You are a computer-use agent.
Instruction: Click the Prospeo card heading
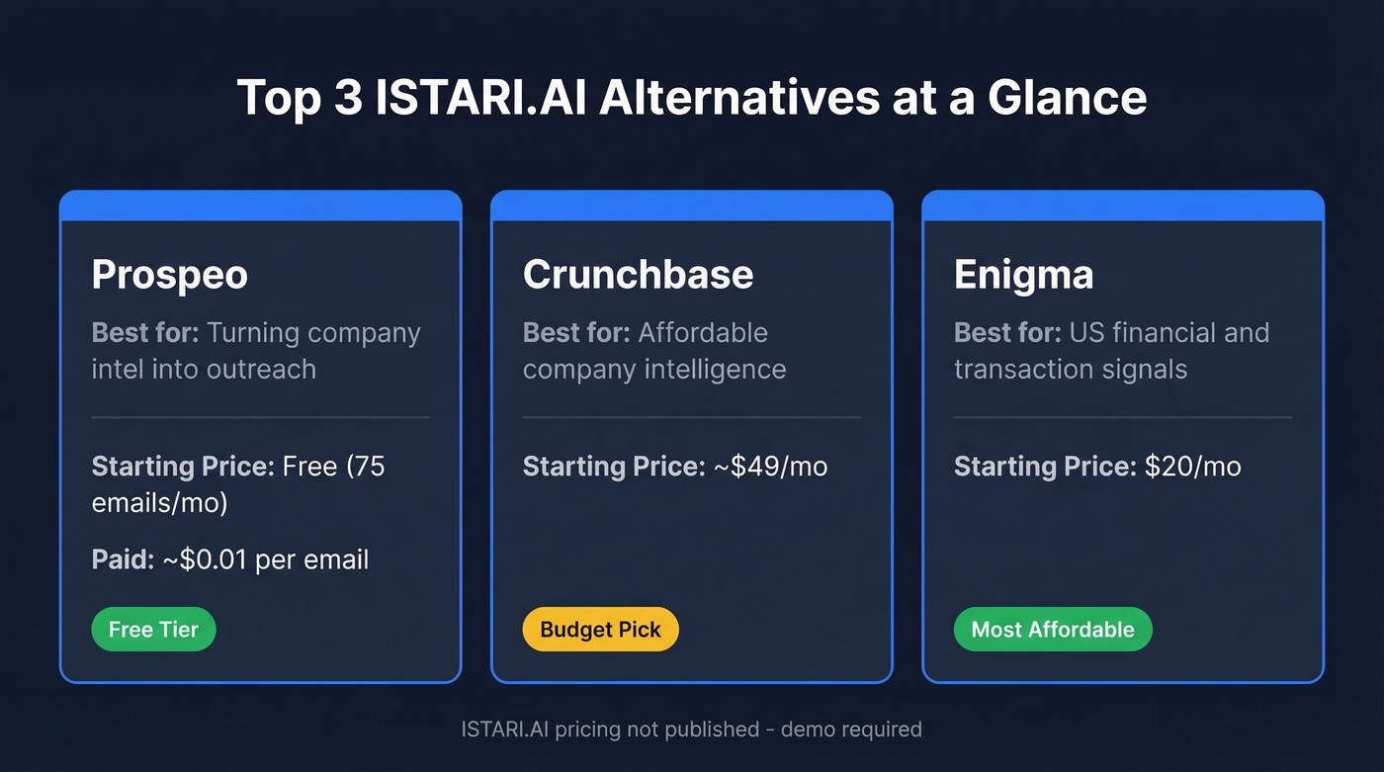click(169, 275)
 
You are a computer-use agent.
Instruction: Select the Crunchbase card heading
click(638, 275)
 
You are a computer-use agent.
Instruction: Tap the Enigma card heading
click(1023, 275)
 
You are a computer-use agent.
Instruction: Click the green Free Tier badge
click(153, 630)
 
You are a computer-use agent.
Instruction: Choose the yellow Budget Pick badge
click(600, 630)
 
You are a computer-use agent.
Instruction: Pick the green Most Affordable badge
click(1053, 630)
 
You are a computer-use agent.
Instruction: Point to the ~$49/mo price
click(770, 467)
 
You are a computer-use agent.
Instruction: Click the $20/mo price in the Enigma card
click(1192, 467)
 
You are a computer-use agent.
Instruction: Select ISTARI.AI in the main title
click(466, 99)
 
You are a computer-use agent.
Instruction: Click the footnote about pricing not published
click(691, 729)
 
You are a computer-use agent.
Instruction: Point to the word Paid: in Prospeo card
click(123, 559)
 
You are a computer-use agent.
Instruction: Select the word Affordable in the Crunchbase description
click(703, 333)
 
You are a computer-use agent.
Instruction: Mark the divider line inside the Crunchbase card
click(691, 417)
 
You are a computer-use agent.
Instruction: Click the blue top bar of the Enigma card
click(1122, 206)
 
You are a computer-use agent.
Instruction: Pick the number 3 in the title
click(348, 99)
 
